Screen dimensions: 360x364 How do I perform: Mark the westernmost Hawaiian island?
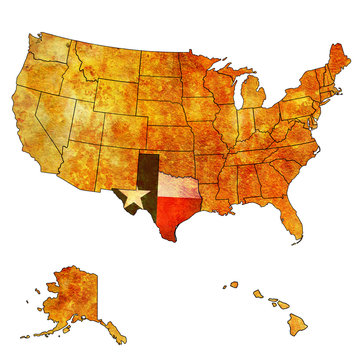233,284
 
